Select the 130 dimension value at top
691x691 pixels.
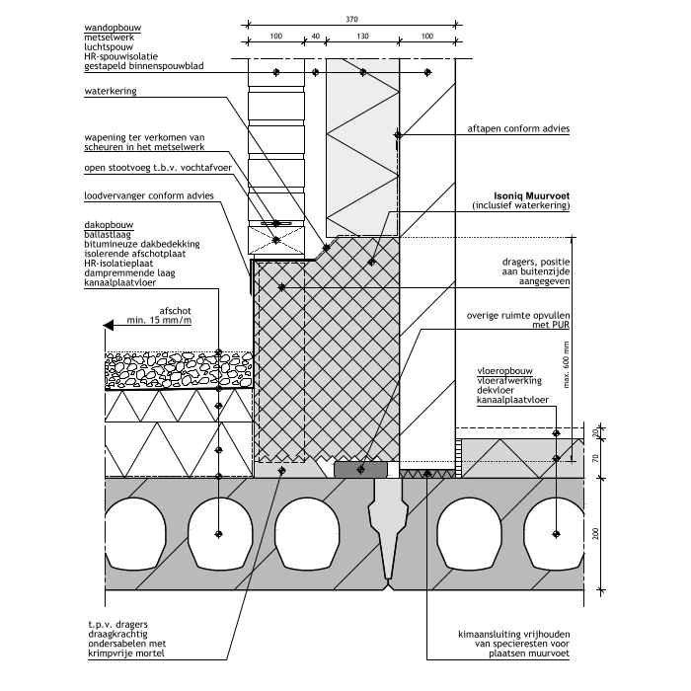pyautogui.click(x=363, y=37)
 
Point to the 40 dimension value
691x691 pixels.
pyautogui.click(x=316, y=37)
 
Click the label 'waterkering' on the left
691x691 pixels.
pyautogui.click(x=111, y=92)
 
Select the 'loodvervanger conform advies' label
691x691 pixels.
pyautogui.click(x=148, y=209)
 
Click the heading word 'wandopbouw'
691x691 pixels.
pyautogui.click(x=114, y=26)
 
